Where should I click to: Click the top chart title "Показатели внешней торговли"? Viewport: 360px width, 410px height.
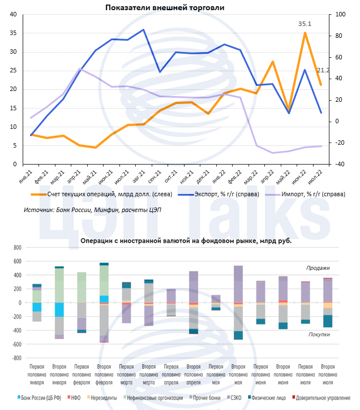pyautogui.click(x=165, y=7)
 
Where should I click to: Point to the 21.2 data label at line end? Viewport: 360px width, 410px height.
pyautogui.click(x=323, y=70)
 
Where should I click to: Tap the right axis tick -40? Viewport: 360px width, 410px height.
pyautogui.click(x=340, y=165)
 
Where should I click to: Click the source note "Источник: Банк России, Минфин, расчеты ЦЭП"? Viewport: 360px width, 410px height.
pyautogui.click(x=92, y=210)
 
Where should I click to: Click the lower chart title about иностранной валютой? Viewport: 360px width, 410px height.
pyautogui.click(x=186, y=240)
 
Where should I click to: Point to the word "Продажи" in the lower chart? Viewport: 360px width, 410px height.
pyautogui.click(x=318, y=268)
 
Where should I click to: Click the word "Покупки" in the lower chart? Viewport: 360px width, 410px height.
pyautogui.click(x=319, y=334)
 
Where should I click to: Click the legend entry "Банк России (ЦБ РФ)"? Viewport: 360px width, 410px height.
pyautogui.click(x=39, y=398)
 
